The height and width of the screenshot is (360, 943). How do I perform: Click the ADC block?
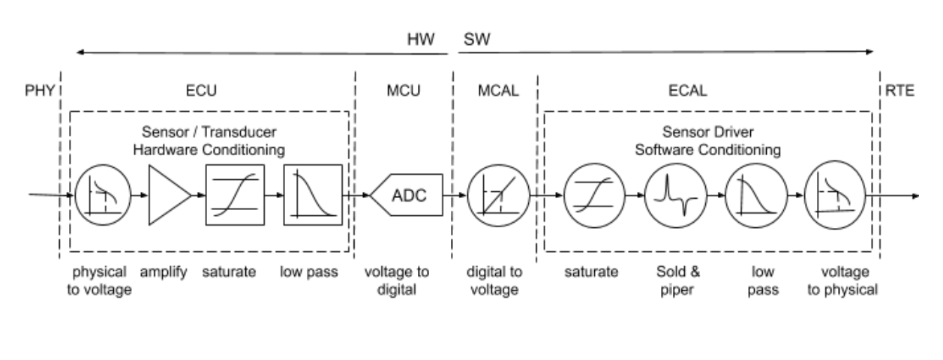pyautogui.click(x=407, y=196)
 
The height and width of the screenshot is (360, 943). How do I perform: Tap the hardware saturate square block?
pyautogui.click(x=235, y=196)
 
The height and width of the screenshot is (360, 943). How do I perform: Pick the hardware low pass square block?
pyautogui.click(x=312, y=196)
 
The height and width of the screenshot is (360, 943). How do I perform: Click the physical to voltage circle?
pyautogui.click(x=103, y=196)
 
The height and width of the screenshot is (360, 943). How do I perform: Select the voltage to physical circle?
pyautogui.click(x=833, y=196)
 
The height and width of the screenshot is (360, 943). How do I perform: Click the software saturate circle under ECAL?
pyautogui.click(x=590, y=196)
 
